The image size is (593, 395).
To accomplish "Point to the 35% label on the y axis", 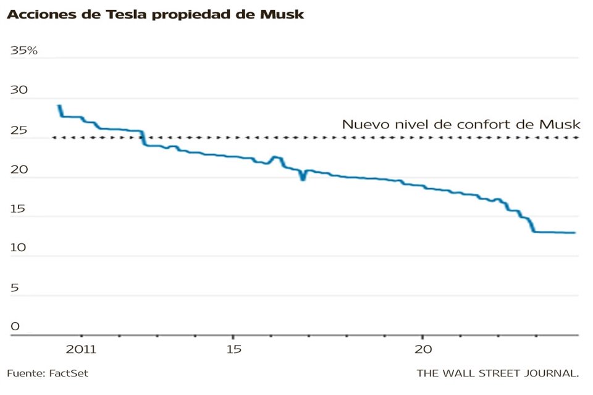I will tap(24, 51).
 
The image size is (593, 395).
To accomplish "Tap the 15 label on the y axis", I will tap(18, 209).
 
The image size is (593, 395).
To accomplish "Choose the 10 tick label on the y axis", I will tap(18, 248).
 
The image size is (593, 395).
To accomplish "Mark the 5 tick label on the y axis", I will tap(15, 288).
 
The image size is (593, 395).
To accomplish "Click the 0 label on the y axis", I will tap(15, 326).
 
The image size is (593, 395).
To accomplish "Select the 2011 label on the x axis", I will tap(82, 349).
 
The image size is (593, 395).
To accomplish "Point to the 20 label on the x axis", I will tap(423, 349).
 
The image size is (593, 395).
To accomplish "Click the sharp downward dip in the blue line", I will tap(303, 179).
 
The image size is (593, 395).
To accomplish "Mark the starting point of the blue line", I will tap(59, 106).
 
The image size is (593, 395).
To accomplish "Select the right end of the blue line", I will tap(575, 233).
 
